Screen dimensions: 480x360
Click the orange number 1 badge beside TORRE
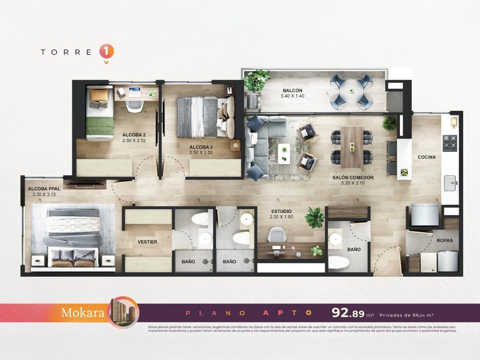pyautogui.click(x=106, y=52)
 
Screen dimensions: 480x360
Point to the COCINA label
pyautogui.click(x=426, y=157)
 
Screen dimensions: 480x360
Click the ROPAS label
pyautogui.click(x=444, y=241)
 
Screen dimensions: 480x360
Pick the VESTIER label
pyautogui.click(x=147, y=242)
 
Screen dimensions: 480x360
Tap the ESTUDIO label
pyautogui.click(x=281, y=211)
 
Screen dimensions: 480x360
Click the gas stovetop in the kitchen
pyautogui.click(x=450, y=143)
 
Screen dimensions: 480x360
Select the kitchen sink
pyautogui.click(x=450, y=183)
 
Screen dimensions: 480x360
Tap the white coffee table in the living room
pyautogui.click(x=284, y=154)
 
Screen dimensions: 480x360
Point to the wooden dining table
pyautogui.click(x=352, y=147)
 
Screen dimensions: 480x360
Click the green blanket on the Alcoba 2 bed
pyautogui.click(x=100, y=126)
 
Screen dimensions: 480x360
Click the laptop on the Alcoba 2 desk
pyautogui.click(x=134, y=92)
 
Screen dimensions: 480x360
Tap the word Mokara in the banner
pyautogui.click(x=83, y=313)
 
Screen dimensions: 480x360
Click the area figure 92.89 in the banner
pyautogui.click(x=348, y=313)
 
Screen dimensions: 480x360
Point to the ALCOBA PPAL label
pyautogui.click(x=44, y=189)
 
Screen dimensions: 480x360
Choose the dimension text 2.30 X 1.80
pyautogui.click(x=281, y=217)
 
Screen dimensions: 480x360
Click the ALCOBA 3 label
pyautogui.click(x=201, y=147)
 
